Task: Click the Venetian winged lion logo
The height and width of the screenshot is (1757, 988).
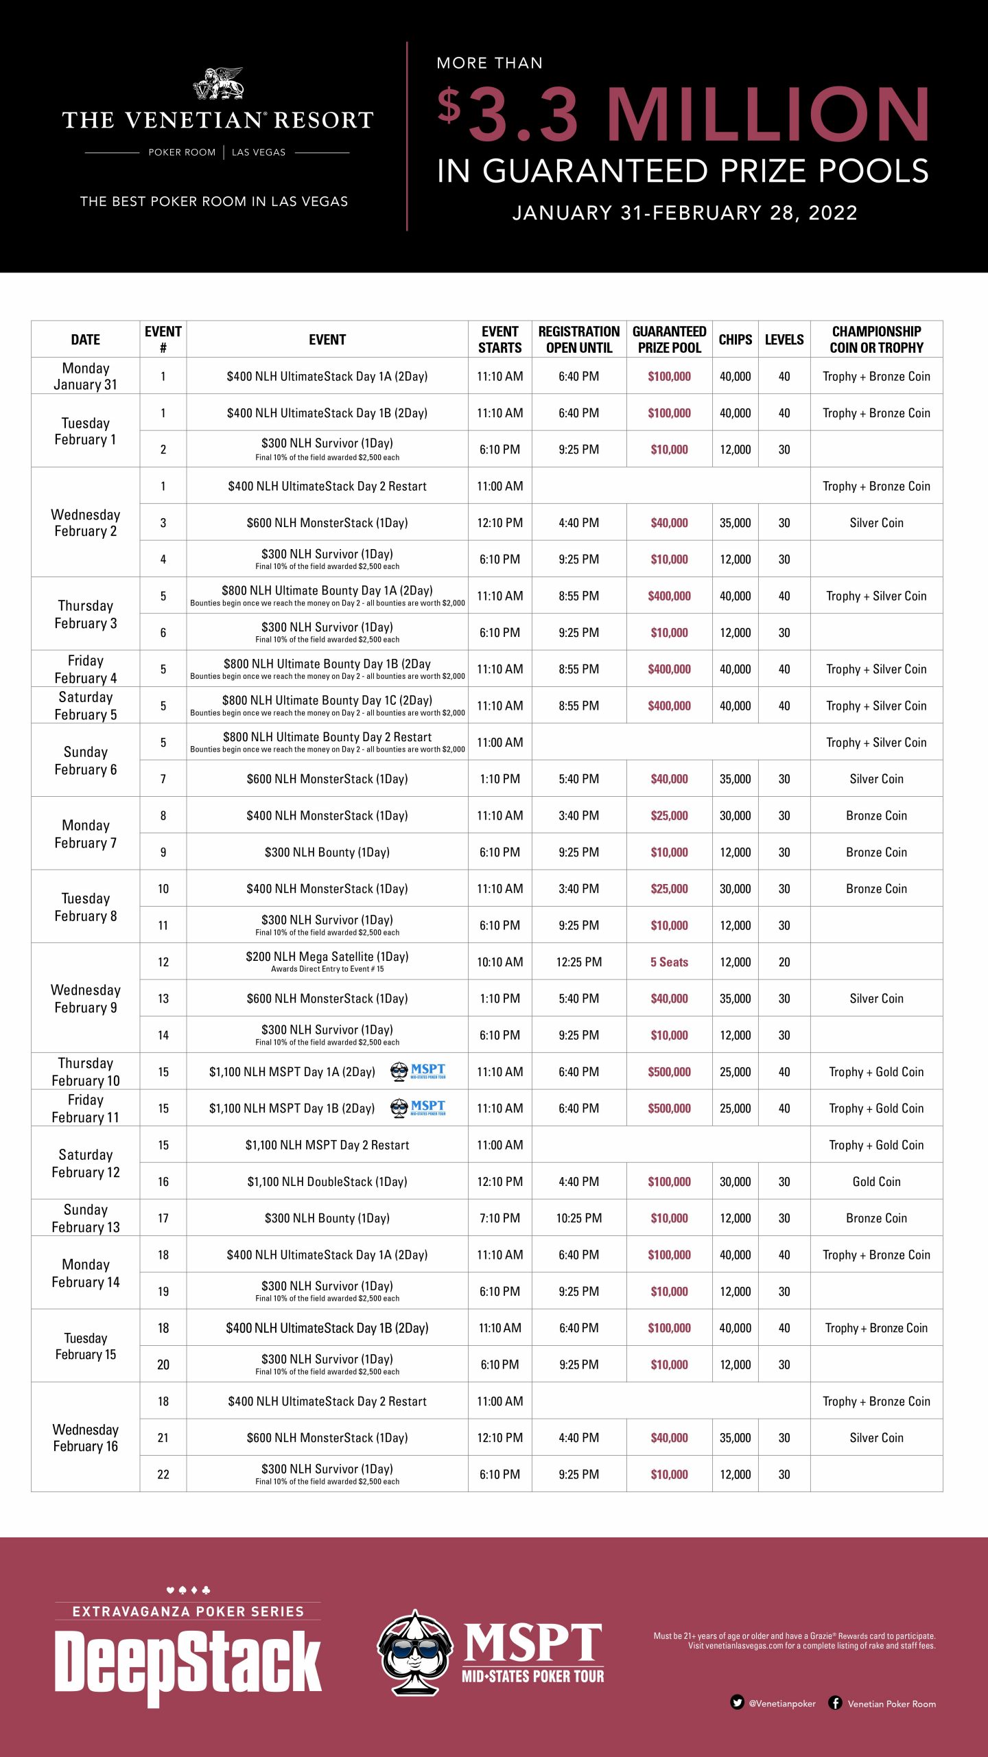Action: tap(218, 83)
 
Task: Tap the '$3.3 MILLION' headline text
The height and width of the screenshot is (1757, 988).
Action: tap(683, 115)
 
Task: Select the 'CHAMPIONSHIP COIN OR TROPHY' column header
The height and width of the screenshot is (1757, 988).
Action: tap(876, 339)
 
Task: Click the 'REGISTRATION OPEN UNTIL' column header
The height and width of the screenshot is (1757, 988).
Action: tap(578, 339)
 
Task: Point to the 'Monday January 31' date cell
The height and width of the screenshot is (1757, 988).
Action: tap(85, 376)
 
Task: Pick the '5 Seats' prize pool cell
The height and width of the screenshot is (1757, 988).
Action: tap(669, 962)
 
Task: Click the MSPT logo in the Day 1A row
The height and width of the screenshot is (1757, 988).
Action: tap(418, 1071)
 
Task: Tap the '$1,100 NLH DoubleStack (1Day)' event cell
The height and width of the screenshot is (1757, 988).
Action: tap(327, 1181)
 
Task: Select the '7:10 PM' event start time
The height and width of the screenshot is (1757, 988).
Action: tap(499, 1218)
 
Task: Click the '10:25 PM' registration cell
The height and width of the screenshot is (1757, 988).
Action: tap(578, 1218)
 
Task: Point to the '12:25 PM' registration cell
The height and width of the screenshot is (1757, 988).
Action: tap(578, 962)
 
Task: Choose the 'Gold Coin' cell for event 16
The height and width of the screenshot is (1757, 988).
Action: tap(876, 1181)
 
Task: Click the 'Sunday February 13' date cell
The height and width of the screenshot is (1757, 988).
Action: tap(85, 1218)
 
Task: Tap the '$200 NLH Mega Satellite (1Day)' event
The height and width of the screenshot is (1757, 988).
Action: tap(327, 957)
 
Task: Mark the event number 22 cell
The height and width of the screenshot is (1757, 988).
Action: tap(163, 1474)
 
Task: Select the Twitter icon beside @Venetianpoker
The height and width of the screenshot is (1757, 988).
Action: tap(737, 1702)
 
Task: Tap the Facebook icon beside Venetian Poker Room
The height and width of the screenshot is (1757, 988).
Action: tap(835, 1702)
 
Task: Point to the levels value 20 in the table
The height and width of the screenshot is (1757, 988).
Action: tap(784, 962)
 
